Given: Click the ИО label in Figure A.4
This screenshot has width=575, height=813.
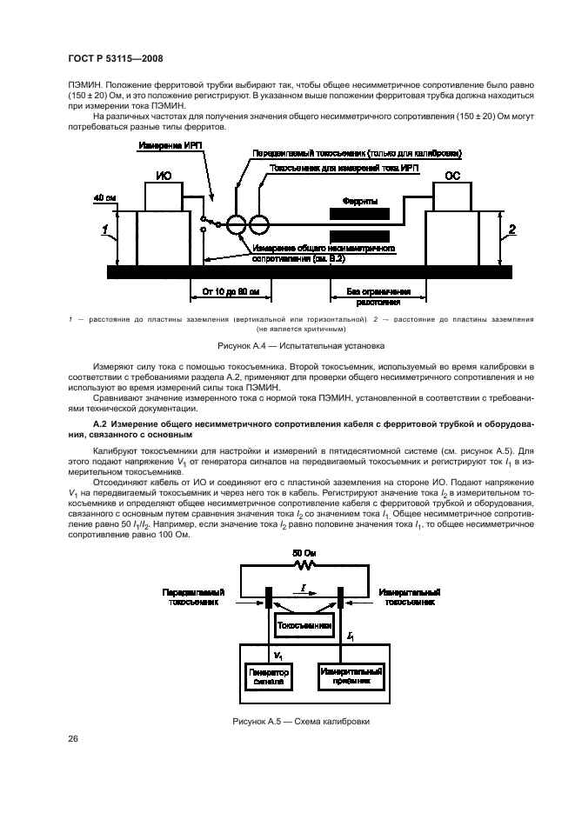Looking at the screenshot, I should point(164,176).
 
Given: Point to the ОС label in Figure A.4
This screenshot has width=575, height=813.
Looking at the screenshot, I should point(452,175).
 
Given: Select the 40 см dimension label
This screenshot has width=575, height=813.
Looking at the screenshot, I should point(104,199).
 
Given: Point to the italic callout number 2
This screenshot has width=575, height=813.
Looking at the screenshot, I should point(513,229).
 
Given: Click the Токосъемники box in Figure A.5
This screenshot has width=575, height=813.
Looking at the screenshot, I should point(303,624).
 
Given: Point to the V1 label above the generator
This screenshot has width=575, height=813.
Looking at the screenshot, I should point(278,652).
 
